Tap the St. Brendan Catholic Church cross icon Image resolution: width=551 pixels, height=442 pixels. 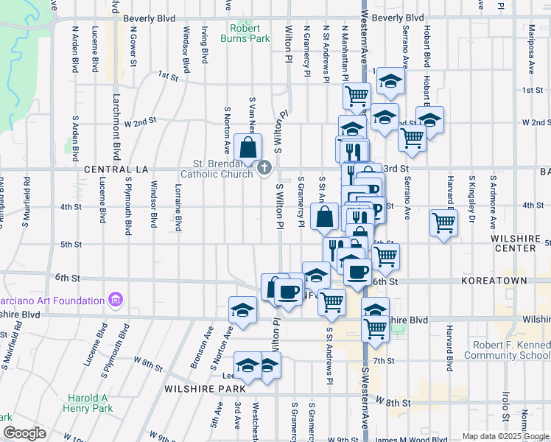coord(265,169)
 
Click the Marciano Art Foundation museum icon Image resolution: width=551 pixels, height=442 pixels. coord(114,301)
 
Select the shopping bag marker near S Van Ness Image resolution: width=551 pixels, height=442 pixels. coord(248,147)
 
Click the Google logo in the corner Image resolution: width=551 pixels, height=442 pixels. coord(24,433)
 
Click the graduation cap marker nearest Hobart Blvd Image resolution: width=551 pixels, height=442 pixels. coord(429,119)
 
